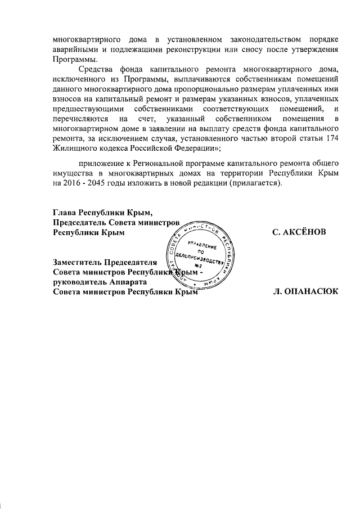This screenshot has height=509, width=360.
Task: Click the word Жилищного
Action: point(70,147)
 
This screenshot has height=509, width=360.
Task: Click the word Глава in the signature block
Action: point(64,213)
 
